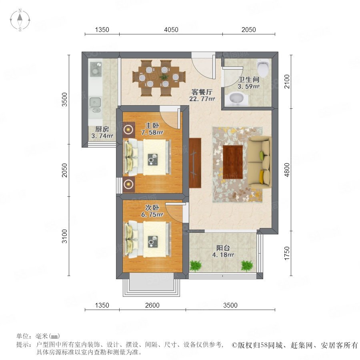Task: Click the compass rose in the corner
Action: coord(20,20)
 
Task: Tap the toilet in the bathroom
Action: coord(263,68)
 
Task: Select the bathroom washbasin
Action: coord(236,99)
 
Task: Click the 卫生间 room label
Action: coord(249,80)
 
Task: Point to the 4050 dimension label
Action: coord(171,30)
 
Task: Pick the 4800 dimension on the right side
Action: coord(287,170)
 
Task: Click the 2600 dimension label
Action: coord(152,305)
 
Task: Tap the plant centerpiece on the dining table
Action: coord(164,77)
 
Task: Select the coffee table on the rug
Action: coord(233,162)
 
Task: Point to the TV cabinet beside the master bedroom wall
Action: coord(195,163)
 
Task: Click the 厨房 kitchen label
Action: coord(102,129)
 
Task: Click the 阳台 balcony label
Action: coord(223,248)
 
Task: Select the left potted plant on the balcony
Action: coord(195,266)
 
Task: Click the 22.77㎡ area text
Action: coord(202,99)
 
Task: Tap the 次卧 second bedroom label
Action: coord(152,208)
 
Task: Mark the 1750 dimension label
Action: coord(287,253)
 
